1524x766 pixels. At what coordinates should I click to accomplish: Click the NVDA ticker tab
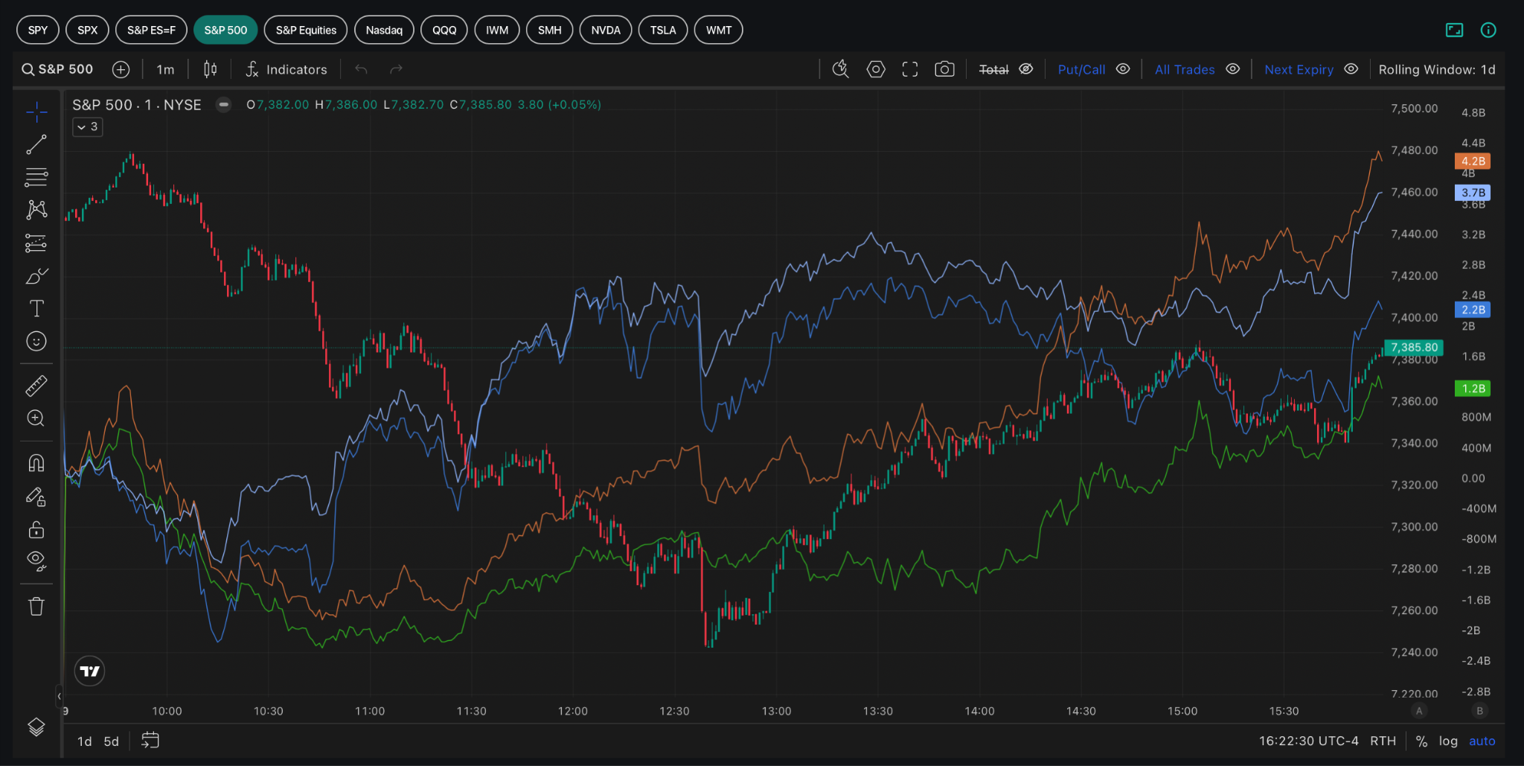[606, 31]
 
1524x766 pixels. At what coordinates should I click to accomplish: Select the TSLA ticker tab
[663, 31]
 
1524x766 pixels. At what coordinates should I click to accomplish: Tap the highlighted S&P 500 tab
[225, 31]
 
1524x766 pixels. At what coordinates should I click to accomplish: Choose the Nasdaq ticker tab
[384, 31]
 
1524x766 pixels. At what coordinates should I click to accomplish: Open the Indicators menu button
[286, 69]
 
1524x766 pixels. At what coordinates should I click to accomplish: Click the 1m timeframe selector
[165, 69]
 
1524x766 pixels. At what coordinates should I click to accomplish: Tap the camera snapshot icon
[944, 69]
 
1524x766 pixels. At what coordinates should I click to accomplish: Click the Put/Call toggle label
[1081, 69]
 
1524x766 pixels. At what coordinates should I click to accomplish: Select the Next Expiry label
[1299, 69]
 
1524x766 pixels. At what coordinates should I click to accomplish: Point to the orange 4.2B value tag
[1473, 161]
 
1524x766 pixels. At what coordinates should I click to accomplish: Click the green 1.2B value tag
[1473, 389]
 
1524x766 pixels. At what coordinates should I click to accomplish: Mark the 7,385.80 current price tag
[1414, 348]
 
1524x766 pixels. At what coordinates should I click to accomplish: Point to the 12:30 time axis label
[674, 711]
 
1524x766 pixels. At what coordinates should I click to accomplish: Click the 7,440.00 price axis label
[1414, 234]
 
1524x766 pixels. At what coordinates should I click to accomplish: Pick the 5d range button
[112, 741]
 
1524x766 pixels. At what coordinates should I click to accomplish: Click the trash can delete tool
[36, 607]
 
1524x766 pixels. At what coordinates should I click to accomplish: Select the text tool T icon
[36, 308]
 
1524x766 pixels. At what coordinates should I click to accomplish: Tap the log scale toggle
[1448, 741]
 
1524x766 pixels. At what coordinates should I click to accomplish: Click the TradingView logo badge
[90, 671]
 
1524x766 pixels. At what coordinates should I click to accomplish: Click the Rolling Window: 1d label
[1437, 69]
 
